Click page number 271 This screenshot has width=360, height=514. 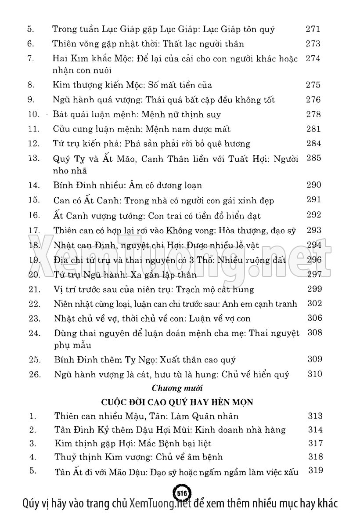(x=313, y=29)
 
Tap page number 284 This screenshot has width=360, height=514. (x=314, y=144)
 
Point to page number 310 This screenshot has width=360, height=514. (x=315, y=374)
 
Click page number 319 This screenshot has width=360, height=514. (x=316, y=471)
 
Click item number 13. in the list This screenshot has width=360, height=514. (x=34, y=159)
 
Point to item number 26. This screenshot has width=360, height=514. (x=34, y=374)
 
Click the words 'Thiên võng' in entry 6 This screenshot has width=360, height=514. (x=72, y=44)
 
